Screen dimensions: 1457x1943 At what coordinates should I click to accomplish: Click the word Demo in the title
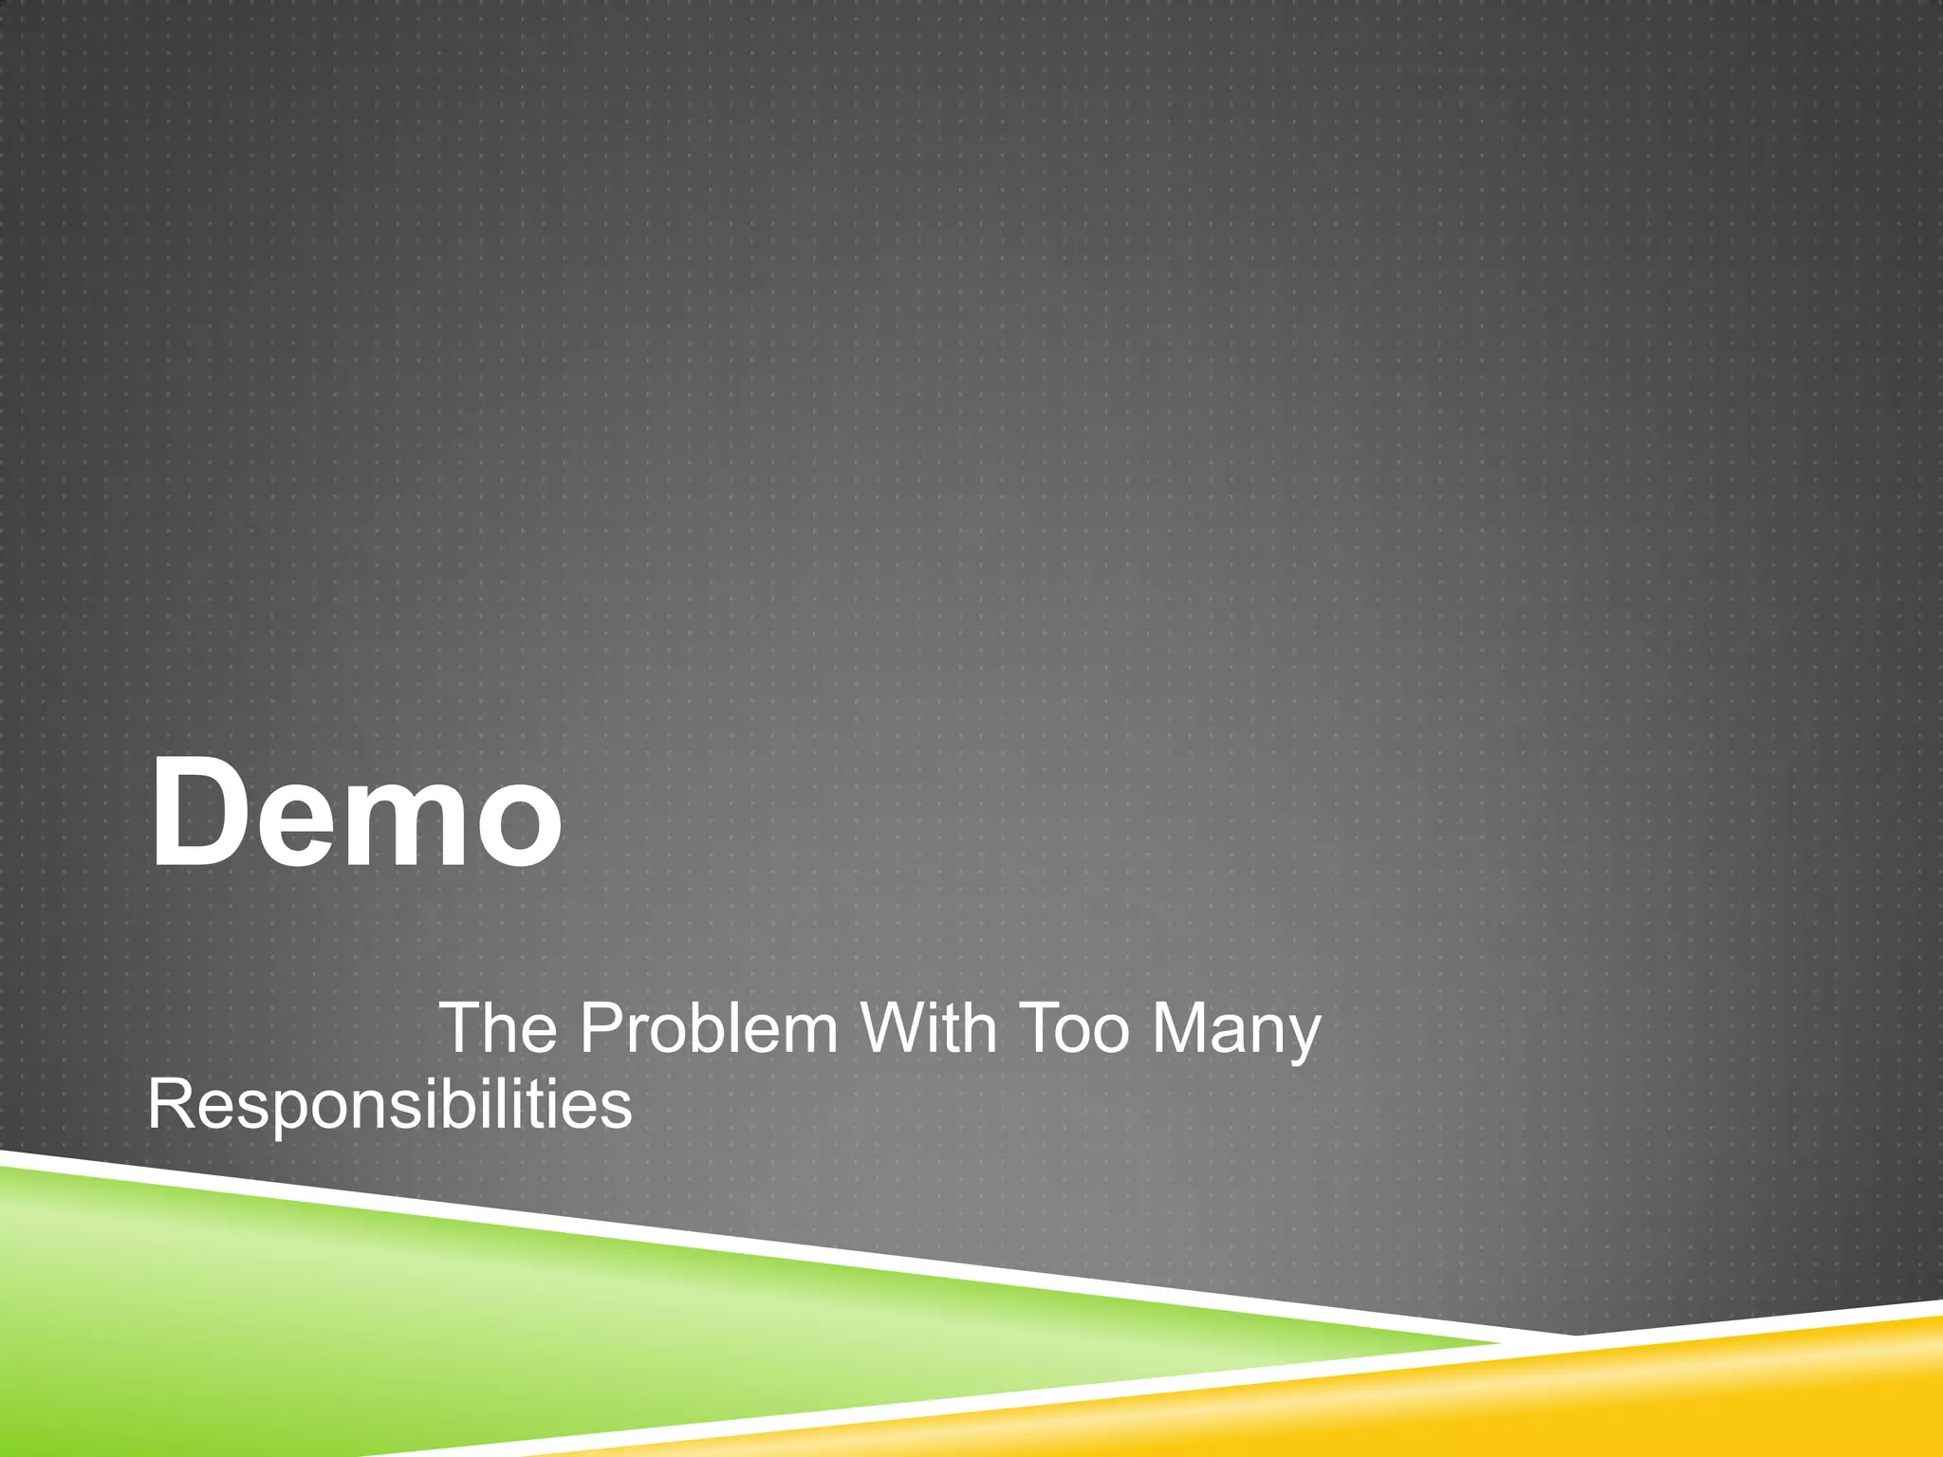pyautogui.click(x=356, y=815)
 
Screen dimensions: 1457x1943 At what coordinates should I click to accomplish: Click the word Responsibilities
pyautogui.click(x=389, y=1106)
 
